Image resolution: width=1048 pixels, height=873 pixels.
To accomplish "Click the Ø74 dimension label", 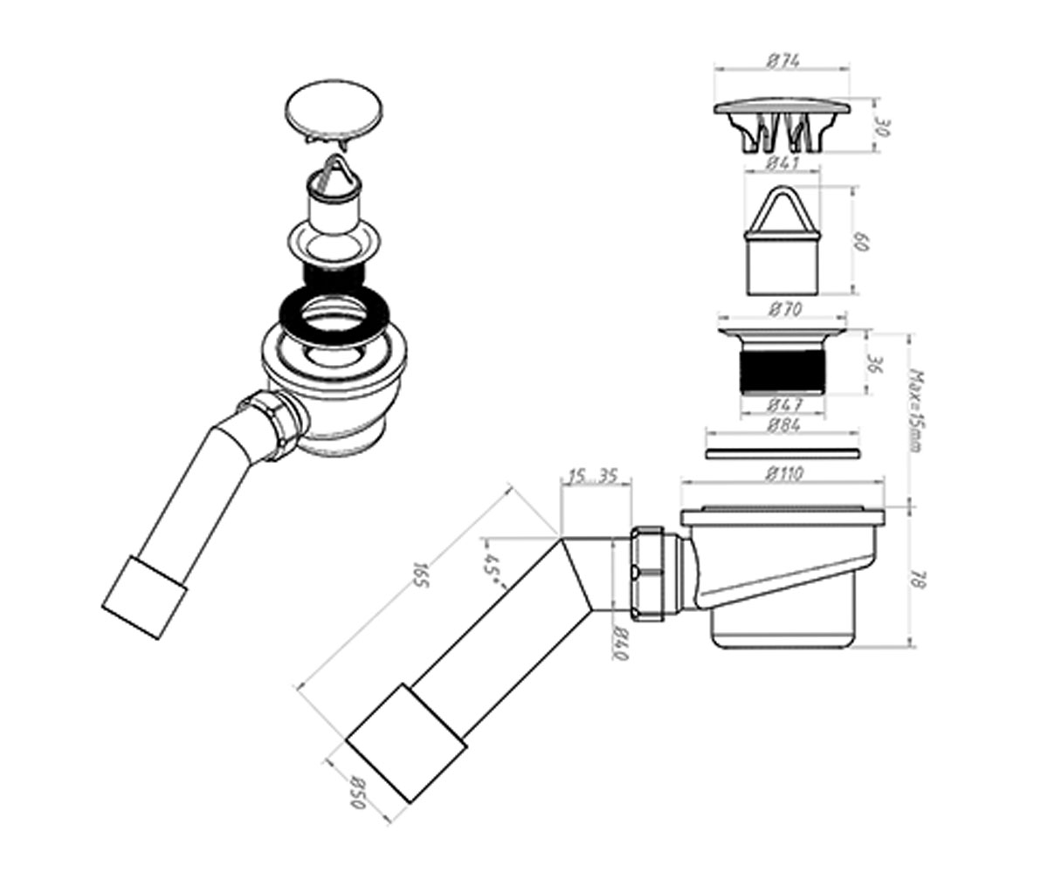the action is click(783, 61).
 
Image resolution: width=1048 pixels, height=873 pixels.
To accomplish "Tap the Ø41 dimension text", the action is click(783, 163).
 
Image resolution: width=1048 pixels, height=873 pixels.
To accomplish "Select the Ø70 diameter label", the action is click(784, 310).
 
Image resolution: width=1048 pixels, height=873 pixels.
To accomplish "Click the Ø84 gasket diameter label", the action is click(784, 425).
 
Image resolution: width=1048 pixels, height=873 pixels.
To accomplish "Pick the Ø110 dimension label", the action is click(783, 474).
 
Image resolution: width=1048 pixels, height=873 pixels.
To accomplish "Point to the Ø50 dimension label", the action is click(358, 807).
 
